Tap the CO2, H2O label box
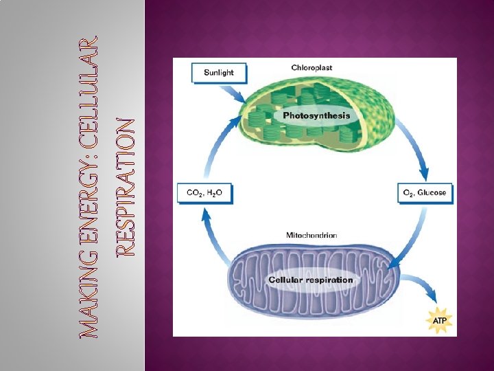coord(204,193)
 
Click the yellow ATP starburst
coord(438,320)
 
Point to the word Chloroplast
coord(312,67)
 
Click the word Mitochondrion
coord(311,235)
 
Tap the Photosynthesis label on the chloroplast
coord(316,115)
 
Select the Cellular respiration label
coord(311,280)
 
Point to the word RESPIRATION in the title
coord(126,187)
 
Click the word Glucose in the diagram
coord(433,193)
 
